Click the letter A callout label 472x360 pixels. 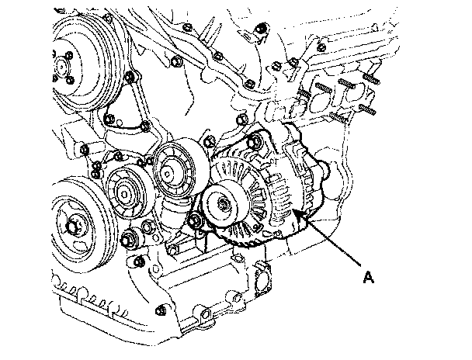pos(369,277)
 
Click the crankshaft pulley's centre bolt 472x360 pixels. pos(72,227)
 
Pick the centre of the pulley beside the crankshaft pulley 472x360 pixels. pos(125,194)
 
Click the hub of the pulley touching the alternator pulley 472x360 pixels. pos(168,174)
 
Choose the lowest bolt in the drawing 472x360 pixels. pos(161,310)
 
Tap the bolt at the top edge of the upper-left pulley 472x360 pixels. pos(108,19)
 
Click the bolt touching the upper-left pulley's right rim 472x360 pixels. pos(130,77)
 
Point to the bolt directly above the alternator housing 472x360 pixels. pos(242,119)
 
